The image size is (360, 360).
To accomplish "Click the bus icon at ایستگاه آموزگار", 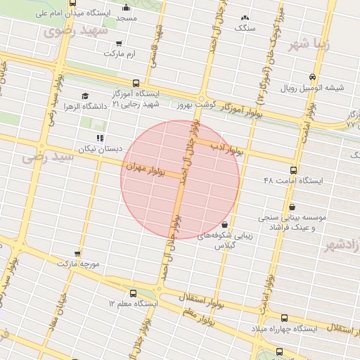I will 136,83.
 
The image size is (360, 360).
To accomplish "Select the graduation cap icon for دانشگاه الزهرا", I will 85,96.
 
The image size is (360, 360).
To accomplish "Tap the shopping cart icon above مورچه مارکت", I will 77,253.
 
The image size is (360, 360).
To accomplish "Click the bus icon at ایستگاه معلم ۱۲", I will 134,292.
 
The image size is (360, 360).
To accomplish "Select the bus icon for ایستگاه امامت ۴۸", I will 293,169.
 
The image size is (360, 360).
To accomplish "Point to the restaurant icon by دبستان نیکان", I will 100,138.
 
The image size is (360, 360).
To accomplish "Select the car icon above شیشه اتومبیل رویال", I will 311,77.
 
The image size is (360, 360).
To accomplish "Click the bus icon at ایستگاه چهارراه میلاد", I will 284,319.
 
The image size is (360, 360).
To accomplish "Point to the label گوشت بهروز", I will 184,104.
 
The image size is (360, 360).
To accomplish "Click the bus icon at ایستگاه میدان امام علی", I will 73,4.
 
